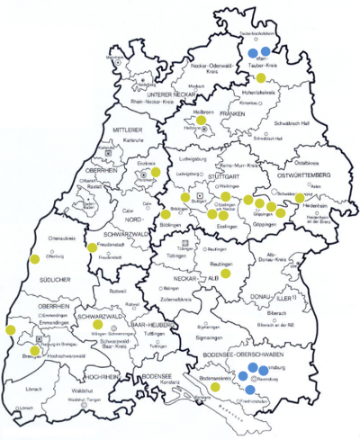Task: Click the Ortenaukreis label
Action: tap(36, 237)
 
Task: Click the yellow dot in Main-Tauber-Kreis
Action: tap(261, 78)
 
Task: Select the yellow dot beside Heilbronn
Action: tap(202, 120)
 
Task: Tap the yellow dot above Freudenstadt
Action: tap(92, 247)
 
